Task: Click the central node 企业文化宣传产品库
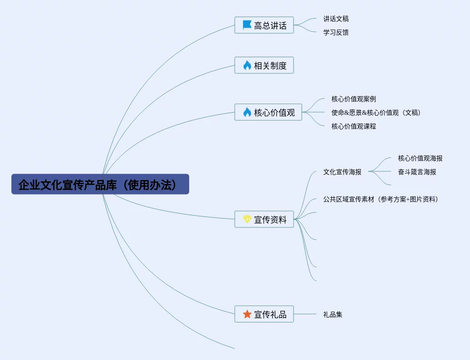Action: [x=100, y=184]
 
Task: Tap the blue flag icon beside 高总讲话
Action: [x=247, y=25]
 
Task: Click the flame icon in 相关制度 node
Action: [x=247, y=66]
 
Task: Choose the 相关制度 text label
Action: [x=270, y=66]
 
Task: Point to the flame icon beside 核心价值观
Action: [x=247, y=112]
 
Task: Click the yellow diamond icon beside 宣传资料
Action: [x=247, y=219]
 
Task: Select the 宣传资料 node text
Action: [x=270, y=220]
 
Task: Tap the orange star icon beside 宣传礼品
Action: [x=247, y=314]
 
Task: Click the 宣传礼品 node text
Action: [x=270, y=314]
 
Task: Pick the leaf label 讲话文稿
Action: [x=336, y=19]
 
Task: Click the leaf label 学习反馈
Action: [x=336, y=32]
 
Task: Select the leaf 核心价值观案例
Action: [x=354, y=99]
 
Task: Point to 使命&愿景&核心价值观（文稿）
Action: [x=376, y=113]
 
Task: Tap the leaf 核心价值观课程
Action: [x=354, y=126]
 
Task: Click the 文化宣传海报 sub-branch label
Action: [x=342, y=172]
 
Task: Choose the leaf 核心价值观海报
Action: [x=420, y=158]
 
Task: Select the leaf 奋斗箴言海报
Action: [x=417, y=172]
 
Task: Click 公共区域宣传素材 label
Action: [x=380, y=199]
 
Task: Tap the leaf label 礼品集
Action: [x=333, y=314]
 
